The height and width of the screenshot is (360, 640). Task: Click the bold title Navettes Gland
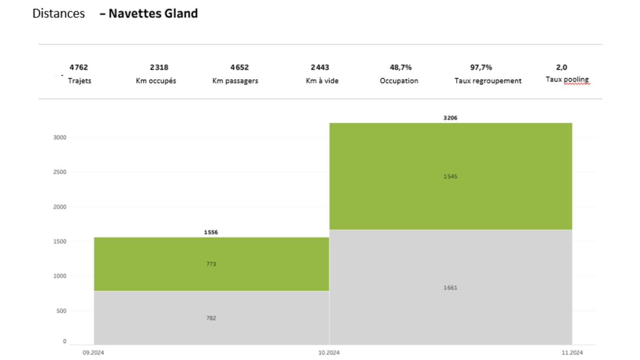point(153,14)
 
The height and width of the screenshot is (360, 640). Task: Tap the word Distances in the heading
point(58,14)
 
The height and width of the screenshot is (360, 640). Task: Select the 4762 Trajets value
point(78,67)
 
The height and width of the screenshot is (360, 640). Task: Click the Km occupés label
point(156,81)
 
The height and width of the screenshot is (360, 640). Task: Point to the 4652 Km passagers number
point(239,67)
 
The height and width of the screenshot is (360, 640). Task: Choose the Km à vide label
point(322,81)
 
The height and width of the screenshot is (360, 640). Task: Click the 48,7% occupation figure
point(400,67)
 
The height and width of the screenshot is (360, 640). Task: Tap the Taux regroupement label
point(488,81)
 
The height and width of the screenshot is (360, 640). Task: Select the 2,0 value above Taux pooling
point(561,67)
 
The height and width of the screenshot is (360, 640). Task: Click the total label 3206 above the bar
point(450,118)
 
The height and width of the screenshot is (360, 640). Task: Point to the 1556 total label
point(211,232)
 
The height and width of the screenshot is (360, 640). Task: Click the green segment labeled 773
point(211,264)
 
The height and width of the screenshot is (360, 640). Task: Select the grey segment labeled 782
point(211,318)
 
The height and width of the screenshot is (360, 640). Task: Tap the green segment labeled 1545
point(450,176)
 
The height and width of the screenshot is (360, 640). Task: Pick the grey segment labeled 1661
point(450,288)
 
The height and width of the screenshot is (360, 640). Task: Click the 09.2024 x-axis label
point(93,353)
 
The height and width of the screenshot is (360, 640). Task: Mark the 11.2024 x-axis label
point(572,353)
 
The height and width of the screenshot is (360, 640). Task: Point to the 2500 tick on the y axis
point(60,172)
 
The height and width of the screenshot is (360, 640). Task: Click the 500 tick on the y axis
point(61,311)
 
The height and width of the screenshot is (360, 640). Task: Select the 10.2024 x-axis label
point(329,353)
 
